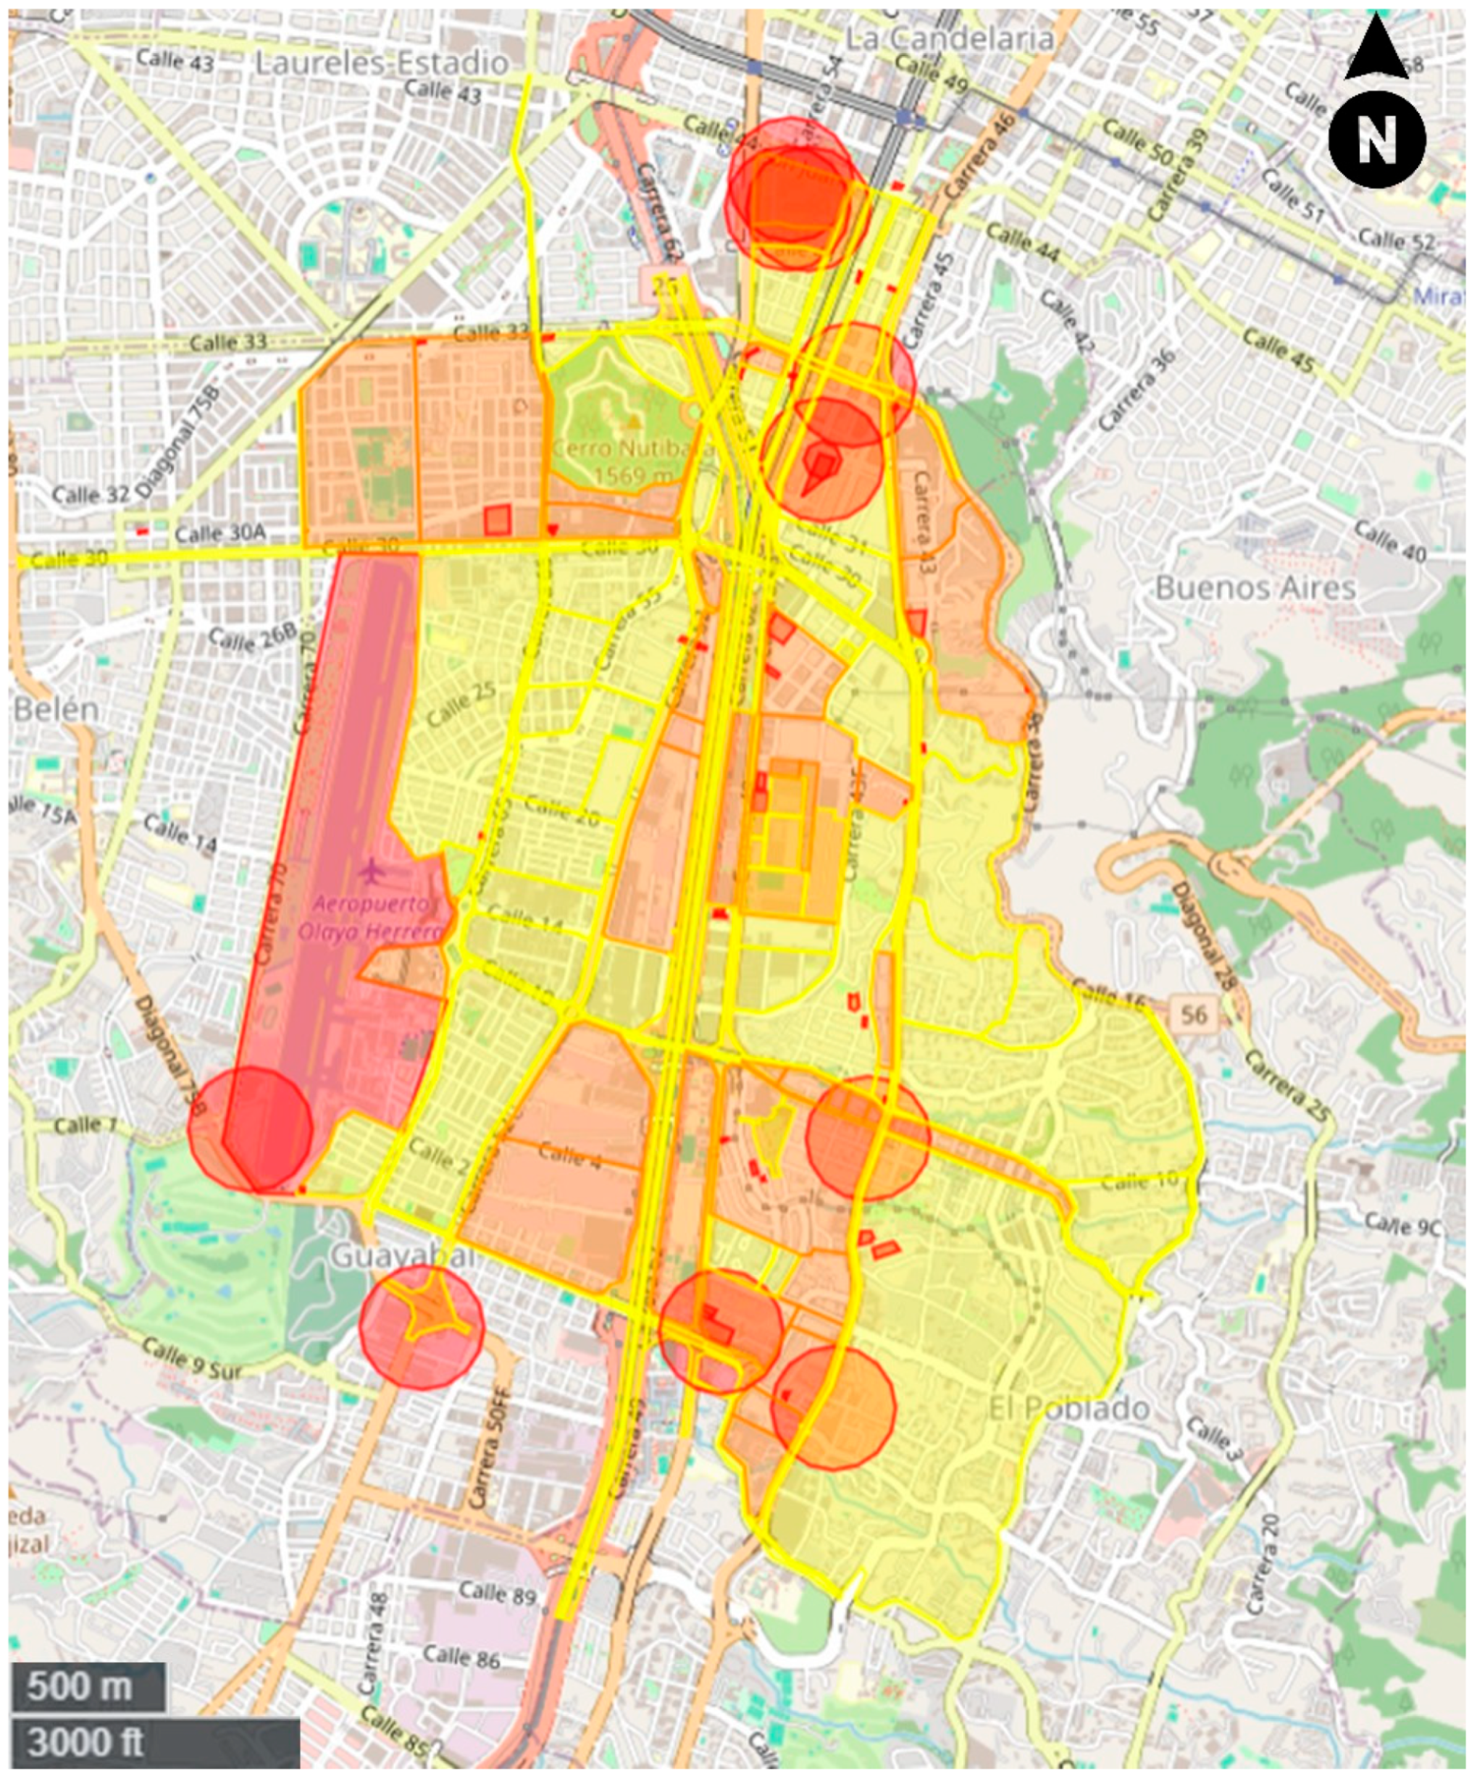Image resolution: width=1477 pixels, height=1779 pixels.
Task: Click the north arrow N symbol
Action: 1376,139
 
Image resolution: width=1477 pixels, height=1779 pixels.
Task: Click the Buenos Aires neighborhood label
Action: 1255,588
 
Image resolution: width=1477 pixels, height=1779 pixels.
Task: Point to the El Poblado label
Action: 1069,1408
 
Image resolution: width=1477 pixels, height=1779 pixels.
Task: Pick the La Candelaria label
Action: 950,38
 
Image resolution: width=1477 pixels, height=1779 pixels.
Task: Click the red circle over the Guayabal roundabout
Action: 421,1328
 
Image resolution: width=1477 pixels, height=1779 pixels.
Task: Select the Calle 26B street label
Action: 253,640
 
